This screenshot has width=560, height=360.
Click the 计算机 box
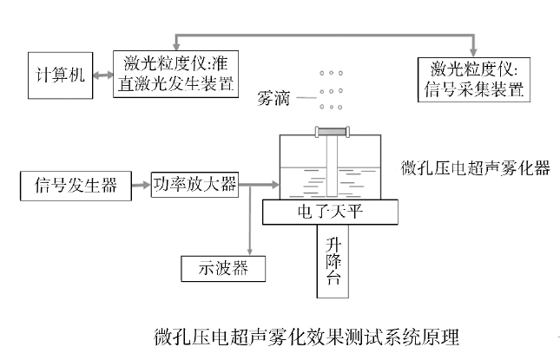click(x=56, y=75)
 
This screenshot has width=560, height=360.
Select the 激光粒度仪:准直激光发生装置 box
click(x=175, y=75)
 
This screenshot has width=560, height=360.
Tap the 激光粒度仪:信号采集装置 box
click(x=472, y=79)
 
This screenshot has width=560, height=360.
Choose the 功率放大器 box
click(x=194, y=184)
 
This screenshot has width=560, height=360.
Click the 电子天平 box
click(x=329, y=209)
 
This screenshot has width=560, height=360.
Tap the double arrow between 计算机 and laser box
click(x=102, y=75)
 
